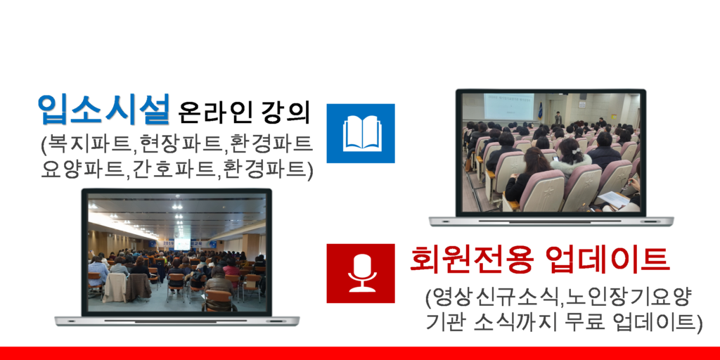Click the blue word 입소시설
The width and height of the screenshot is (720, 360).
[104, 109]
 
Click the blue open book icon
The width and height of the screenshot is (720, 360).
[361, 133]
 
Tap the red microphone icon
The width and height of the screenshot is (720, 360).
[361, 274]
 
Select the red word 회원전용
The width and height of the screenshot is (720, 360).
[472, 259]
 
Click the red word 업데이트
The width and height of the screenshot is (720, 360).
[606, 259]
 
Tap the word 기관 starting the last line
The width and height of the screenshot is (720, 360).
[444, 323]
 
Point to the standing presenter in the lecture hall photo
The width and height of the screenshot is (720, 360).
[558, 118]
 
